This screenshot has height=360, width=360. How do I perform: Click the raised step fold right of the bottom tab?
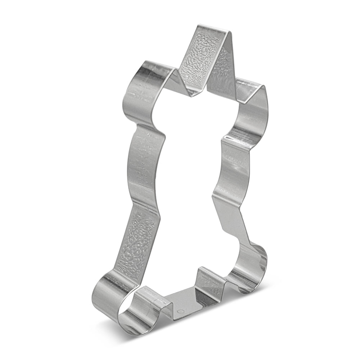coord(209,279)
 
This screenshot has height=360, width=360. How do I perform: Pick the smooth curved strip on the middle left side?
coord(144,162)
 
